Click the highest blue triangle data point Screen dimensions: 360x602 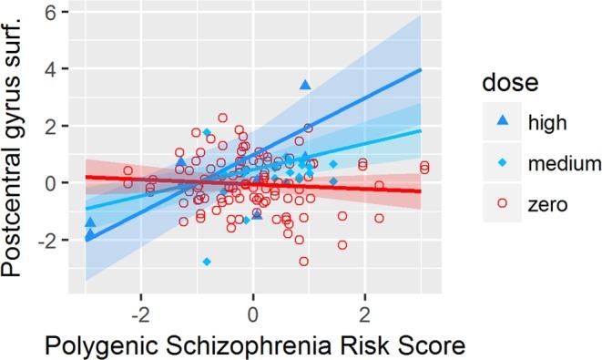305,85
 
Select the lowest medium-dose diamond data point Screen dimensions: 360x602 207,262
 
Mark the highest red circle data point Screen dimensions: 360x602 222,118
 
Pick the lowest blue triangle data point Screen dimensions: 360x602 89,235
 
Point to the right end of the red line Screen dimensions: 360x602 422,191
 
